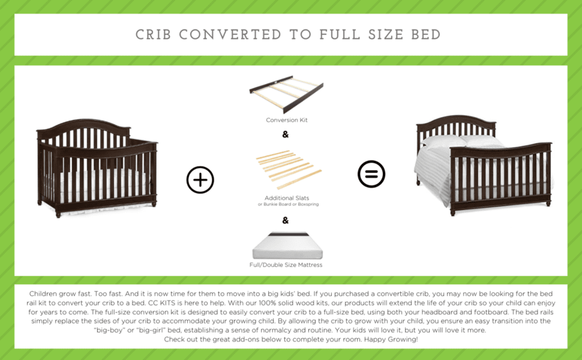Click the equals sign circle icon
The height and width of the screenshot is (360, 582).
372,174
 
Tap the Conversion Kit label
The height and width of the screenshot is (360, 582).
287,120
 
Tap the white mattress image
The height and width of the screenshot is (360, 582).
287,246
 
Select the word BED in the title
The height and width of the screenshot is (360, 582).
425,35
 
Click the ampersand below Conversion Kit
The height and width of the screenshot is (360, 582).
285,134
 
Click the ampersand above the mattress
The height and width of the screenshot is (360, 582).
285,220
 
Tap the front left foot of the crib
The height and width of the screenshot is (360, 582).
59,213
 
